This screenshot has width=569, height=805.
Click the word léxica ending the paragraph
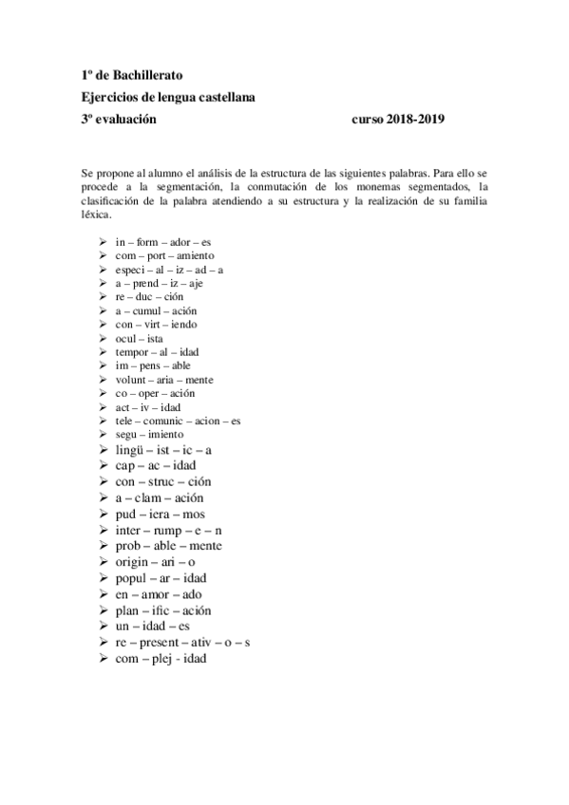pyautogui.click(x=96, y=215)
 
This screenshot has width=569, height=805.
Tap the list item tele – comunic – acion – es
pyautogui.click(x=178, y=421)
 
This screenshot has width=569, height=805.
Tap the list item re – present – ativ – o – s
pyautogui.click(x=183, y=643)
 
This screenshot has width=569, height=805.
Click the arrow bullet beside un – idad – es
pyautogui.click(x=104, y=627)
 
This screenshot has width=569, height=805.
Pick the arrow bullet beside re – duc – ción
pyautogui.click(x=104, y=297)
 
